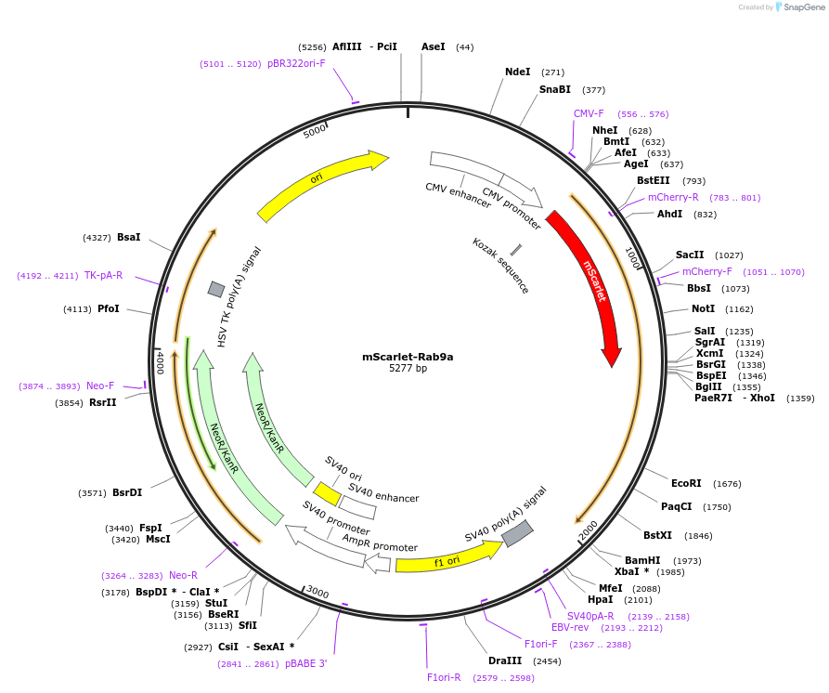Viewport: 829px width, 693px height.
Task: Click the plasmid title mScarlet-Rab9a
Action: [408, 356]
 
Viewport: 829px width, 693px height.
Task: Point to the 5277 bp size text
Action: [408, 369]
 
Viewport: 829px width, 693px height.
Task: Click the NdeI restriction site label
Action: [517, 72]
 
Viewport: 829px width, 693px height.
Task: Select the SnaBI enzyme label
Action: [554, 90]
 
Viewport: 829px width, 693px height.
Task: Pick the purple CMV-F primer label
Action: [589, 113]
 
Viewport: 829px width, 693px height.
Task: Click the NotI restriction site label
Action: [703, 308]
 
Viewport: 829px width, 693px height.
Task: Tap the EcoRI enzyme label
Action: [686, 483]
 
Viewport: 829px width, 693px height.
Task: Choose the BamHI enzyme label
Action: [642, 560]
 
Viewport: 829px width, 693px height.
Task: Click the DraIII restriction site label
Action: [504, 660]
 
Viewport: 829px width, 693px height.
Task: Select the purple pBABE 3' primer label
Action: [305, 663]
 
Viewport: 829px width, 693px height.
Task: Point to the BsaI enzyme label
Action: [128, 238]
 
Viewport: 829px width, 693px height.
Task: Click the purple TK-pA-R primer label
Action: [103, 275]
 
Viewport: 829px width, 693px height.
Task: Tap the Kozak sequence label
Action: [500, 267]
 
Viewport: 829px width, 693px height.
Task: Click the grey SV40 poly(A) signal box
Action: [517, 533]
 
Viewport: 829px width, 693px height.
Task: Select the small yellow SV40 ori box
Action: [327, 493]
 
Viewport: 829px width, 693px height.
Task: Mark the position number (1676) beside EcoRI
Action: [727, 484]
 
